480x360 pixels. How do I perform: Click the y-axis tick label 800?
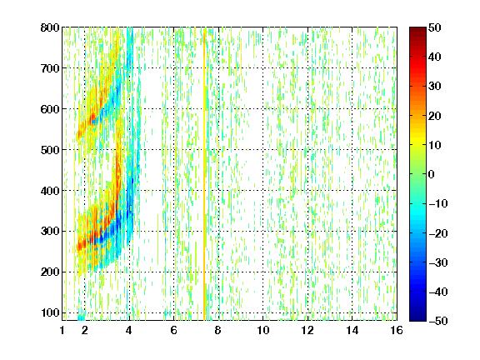[x=50, y=27]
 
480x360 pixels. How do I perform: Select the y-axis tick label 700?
[x=50, y=68]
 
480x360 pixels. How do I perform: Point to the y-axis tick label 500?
[x=50, y=150]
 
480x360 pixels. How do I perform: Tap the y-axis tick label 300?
[x=50, y=231]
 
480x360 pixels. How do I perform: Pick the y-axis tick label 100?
[x=51, y=312]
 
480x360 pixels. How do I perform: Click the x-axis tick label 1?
[x=62, y=330]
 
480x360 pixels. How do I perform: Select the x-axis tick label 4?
[x=129, y=330]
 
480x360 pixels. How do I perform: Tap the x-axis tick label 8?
[x=218, y=330]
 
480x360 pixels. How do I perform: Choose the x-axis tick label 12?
[x=307, y=330]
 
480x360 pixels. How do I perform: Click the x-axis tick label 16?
[x=397, y=330]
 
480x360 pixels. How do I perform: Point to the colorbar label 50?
[x=435, y=27]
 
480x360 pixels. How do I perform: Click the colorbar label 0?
[x=432, y=174]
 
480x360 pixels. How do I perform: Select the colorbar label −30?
[x=438, y=262]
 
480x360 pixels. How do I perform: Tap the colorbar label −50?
[x=438, y=321]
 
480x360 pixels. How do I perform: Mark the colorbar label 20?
[x=435, y=116]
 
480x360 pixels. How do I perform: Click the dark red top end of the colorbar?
[x=417, y=30]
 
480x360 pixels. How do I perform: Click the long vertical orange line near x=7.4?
[x=204, y=174]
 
